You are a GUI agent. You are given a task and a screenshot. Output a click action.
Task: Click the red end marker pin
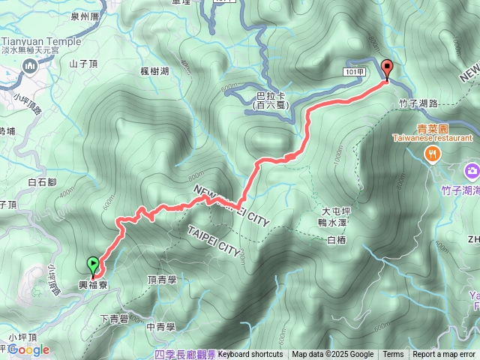point(387,69)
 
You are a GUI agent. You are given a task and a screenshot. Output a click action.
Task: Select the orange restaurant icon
point(432,154)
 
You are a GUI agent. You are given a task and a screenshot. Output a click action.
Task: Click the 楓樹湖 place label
point(154,70)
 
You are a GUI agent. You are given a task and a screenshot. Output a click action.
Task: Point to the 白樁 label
point(336,240)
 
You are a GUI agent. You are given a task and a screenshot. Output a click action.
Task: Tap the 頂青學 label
point(162,279)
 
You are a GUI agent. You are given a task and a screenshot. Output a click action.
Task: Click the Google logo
point(29,349)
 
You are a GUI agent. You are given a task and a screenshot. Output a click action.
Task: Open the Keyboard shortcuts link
point(250,355)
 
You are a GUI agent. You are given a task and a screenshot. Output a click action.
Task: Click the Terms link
point(393,355)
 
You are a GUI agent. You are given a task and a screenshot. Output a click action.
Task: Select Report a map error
point(444,355)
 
